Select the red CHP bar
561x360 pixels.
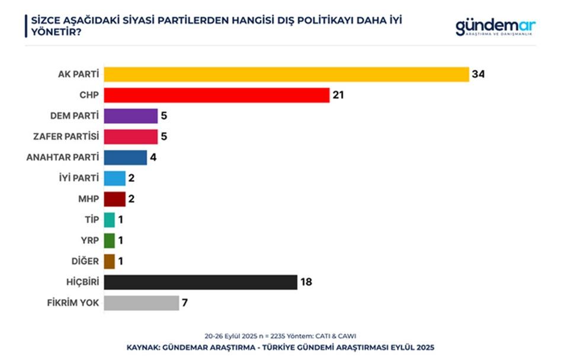pyautogui.click(x=216, y=95)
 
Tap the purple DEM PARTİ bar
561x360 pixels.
pyautogui.click(x=130, y=115)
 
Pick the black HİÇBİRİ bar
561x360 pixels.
pyautogui.click(x=200, y=282)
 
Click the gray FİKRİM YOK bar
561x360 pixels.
pyautogui.click(x=141, y=303)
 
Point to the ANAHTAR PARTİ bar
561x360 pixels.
pyautogui.click(x=125, y=157)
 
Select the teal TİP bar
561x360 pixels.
pyautogui.click(x=109, y=220)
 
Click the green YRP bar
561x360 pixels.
pyautogui.click(x=109, y=240)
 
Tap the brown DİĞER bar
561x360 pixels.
pyautogui.click(x=109, y=261)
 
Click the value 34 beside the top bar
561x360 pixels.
pyautogui.click(x=479, y=74)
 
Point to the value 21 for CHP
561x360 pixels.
pyautogui.click(x=338, y=95)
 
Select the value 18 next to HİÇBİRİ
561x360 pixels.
pyautogui.click(x=306, y=282)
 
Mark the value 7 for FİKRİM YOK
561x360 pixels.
pyautogui.click(x=185, y=303)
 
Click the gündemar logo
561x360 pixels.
pyautogui.click(x=495, y=27)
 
